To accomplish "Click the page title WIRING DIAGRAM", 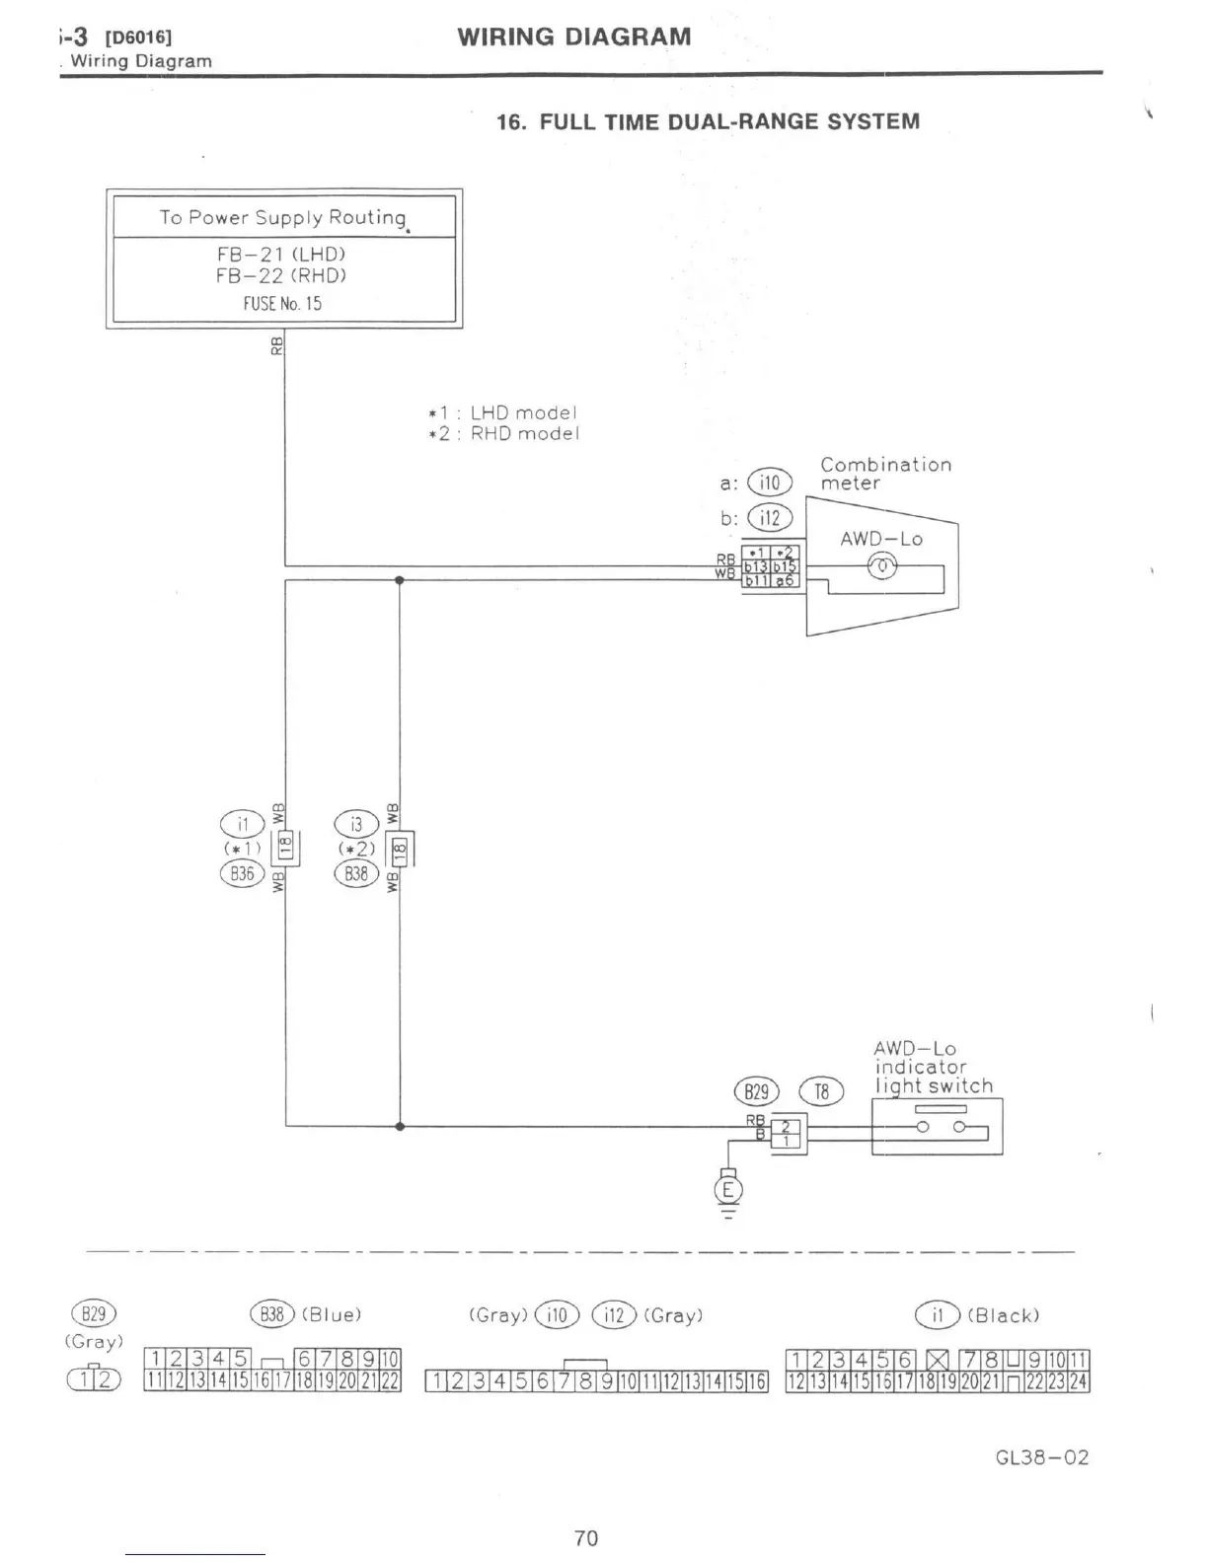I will click(x=573, y=37).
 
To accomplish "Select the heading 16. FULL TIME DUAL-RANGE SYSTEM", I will click(x=708, y=122).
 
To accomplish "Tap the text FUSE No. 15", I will click(x=282, y=304).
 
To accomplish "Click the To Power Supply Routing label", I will click(x=283, y=217).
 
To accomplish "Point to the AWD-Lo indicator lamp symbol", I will click(x=881, y=565).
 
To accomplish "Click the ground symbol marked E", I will click(x=728, y=1189).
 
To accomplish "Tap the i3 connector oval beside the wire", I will click(x=356, y=824).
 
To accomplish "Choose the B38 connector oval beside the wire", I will click(x=356, y=873).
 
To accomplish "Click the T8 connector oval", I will click(x=821, y=1091).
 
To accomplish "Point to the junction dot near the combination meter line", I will click(x=399, y=580).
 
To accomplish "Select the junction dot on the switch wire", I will click(x=399, y=1125).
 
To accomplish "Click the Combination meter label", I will click(x=885, y=474).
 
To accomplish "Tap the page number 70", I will click(x=585, y=1538).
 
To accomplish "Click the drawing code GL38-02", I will click(x=1041, y=1457).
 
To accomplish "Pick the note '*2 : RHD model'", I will click(x=503, y=434).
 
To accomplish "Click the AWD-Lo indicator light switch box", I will click(x=937, y=1126).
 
